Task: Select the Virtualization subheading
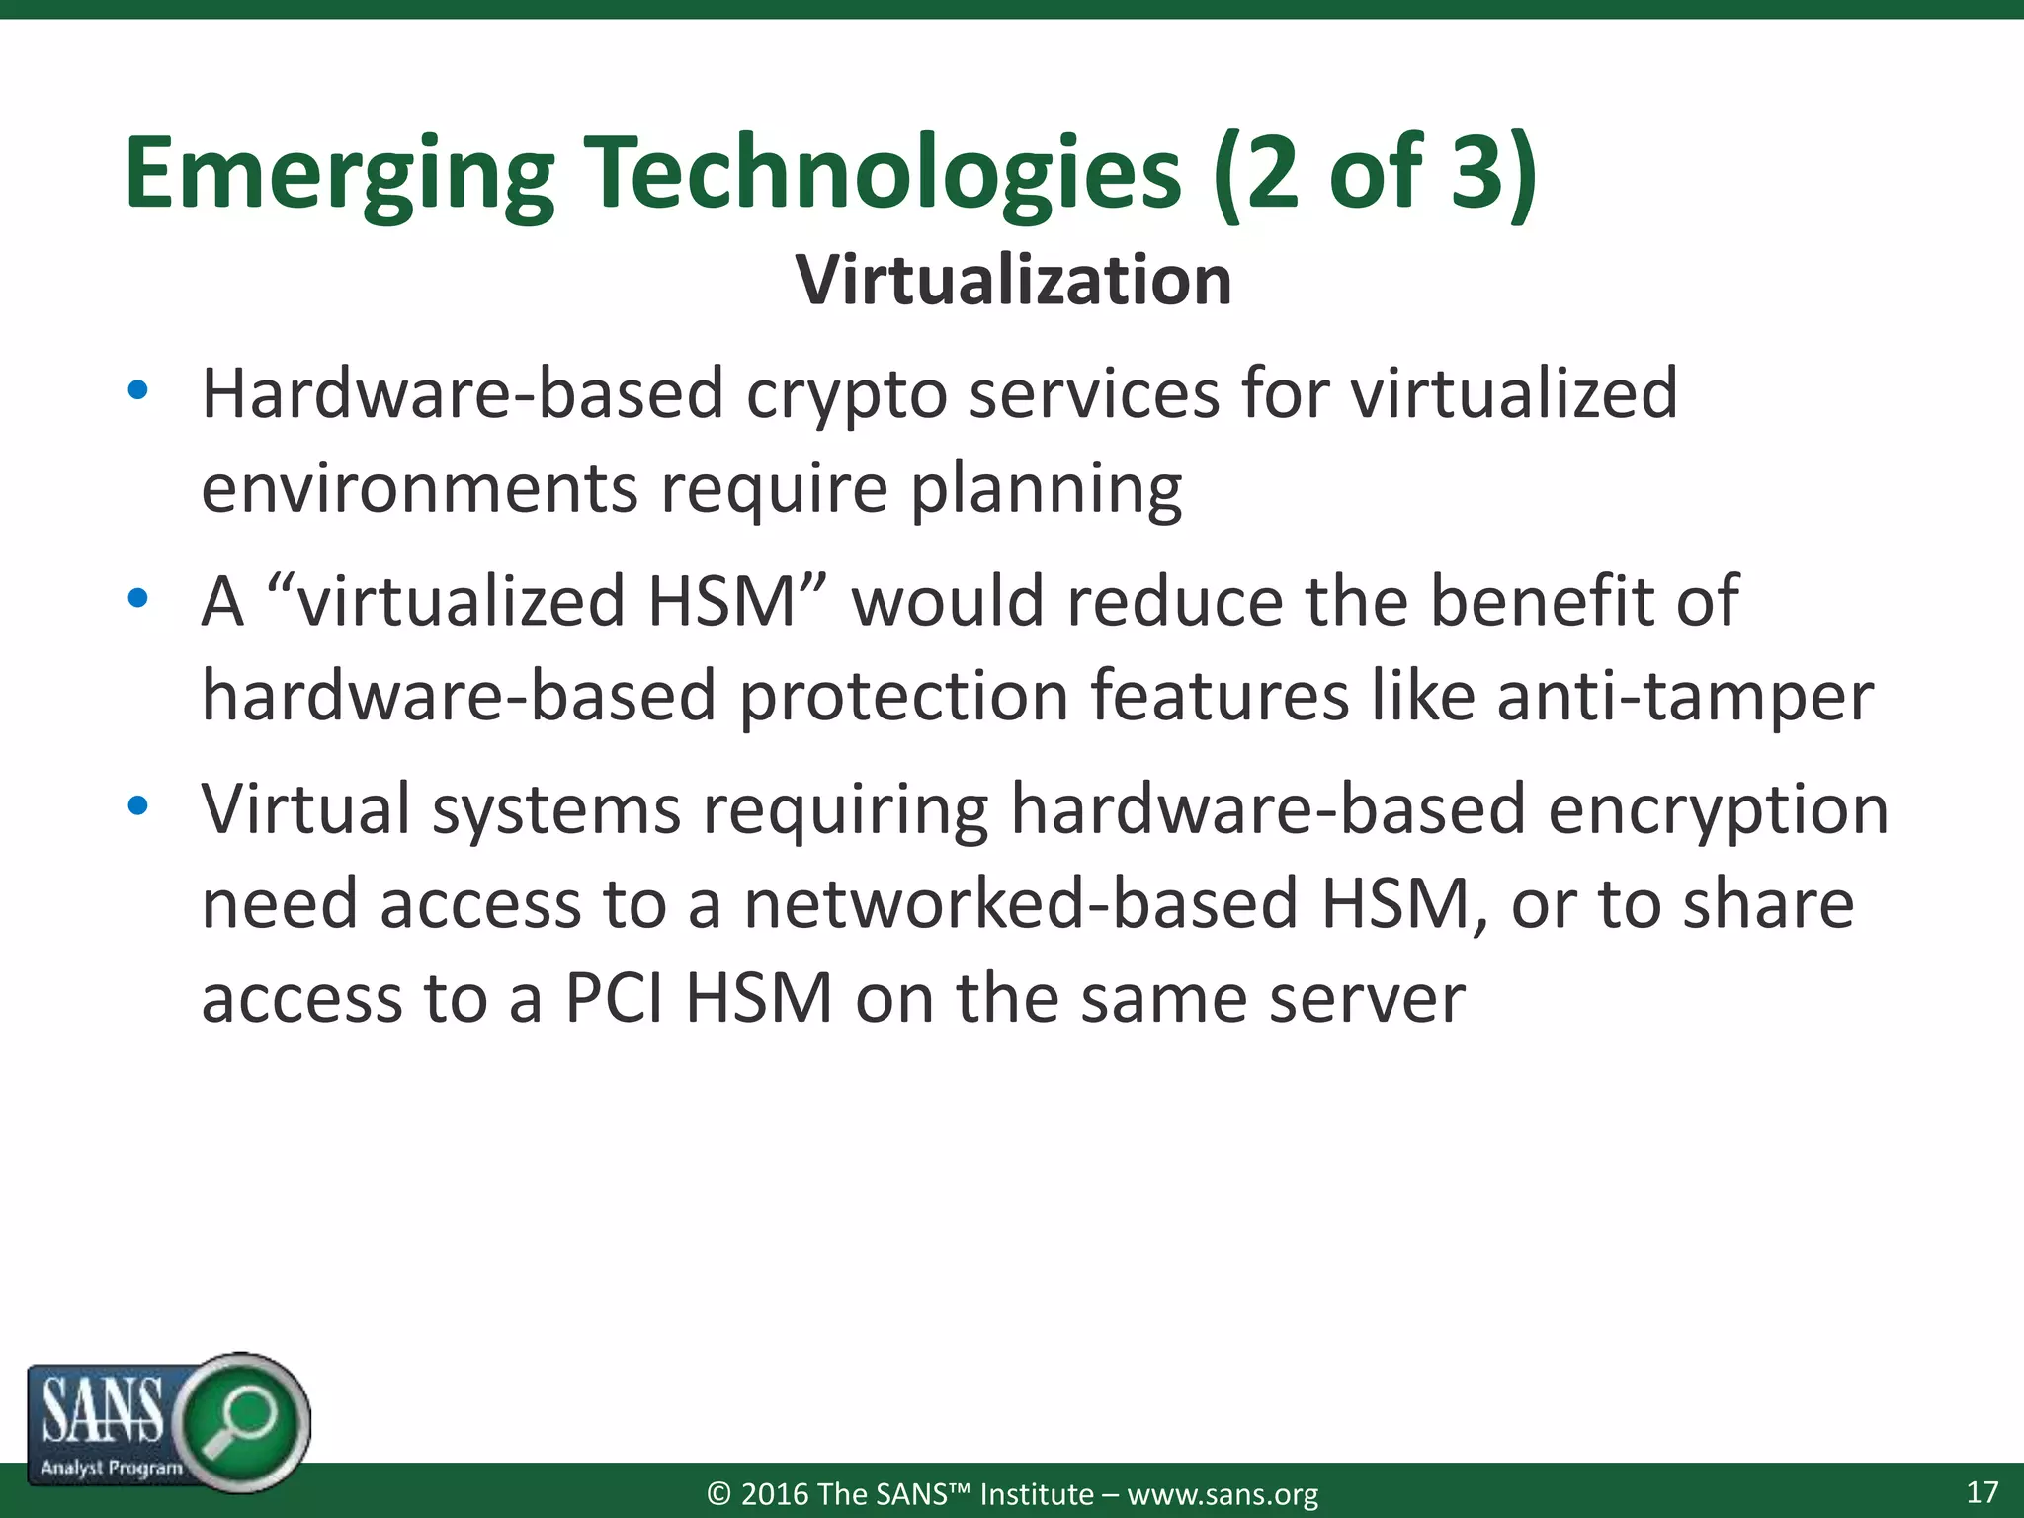(x=1014, y=281)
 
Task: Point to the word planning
(x=1046, y=490)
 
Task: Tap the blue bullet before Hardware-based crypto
(x=138, y=390)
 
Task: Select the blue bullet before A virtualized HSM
(x=138, y=598)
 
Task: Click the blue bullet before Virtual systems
(x=138, y=805)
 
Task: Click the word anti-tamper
(x=1685, y=697)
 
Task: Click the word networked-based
(x=1020, y=904)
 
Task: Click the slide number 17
(x=1982, y=1492)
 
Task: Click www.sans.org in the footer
(x=1223, y=1494)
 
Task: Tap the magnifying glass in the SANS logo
(x=241, y=1421)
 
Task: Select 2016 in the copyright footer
(x=775, y=1494)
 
